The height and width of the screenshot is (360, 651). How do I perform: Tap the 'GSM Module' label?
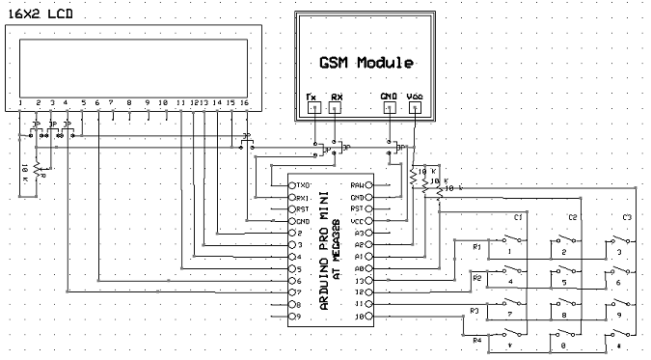coord(366,63)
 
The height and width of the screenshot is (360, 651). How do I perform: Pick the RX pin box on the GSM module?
coord(337,107)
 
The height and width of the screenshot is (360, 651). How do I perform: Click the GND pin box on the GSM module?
coord(389,107)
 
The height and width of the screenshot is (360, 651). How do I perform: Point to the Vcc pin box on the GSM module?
coord(415,107)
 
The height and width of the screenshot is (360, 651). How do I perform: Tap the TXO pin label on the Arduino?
coord(303,184)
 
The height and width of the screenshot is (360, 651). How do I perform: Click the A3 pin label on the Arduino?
coord(360,233)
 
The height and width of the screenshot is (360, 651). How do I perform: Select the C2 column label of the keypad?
coord(573,217)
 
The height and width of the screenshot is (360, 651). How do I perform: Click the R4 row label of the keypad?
coord(475,340)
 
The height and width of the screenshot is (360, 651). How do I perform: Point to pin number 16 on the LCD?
coord(245,102)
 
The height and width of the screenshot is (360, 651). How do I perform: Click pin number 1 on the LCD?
coord(20,102)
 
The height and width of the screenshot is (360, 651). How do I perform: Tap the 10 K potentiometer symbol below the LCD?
coord(37,170)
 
